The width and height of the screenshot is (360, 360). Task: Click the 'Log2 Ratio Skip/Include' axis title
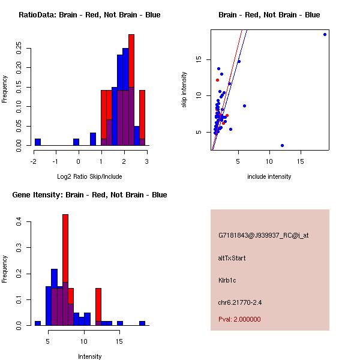click(x=89, y=176)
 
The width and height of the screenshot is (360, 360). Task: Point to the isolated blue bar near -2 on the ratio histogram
click(x=38, y=142)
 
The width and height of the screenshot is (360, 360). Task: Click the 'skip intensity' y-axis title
click(x=184, y=90)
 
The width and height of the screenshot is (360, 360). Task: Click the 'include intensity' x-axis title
click(x=269, y=176)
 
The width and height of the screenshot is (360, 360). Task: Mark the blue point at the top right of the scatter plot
click(x=325, y=35)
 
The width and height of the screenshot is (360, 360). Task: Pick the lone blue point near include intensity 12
click(x=282, y=145)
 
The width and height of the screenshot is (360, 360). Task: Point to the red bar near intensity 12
click(x=98, y=306)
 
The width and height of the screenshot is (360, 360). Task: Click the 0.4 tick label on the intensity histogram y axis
click(x=20, y=222)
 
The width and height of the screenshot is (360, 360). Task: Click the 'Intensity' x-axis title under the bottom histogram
click(x=89, y=356)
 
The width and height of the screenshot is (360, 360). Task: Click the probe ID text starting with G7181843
click(x=263, y=236)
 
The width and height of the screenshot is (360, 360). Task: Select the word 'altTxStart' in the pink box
click(x=232, y=258)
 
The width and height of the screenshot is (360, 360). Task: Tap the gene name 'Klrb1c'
click(x=228, y=280)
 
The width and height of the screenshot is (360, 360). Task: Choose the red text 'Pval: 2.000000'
click(x=239, y=319)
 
